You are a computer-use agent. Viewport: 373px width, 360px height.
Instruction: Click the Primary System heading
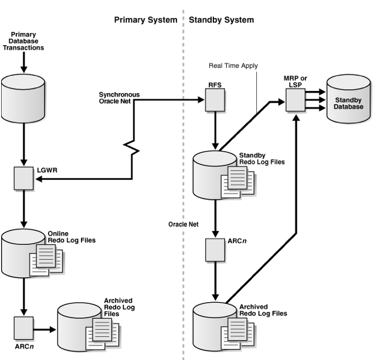coord(145,20)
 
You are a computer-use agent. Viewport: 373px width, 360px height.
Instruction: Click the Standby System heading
coord(221,20)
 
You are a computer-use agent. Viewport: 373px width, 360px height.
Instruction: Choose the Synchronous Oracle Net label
coord(119,98)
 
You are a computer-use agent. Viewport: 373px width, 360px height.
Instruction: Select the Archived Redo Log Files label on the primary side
coord(118,307)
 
